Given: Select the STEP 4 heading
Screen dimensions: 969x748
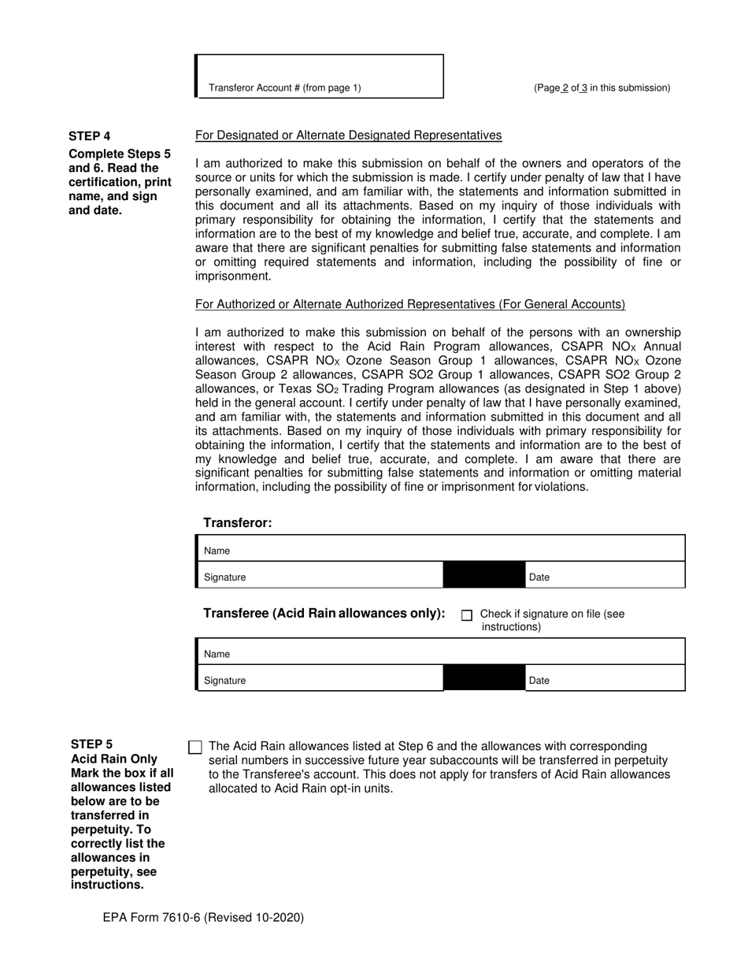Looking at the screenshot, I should point(89,136).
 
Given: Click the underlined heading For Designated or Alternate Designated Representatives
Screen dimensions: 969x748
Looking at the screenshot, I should point(348,136).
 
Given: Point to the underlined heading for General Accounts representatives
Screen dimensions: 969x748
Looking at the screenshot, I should point(410,305).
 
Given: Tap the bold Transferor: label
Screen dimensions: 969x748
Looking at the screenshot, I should point(237,523).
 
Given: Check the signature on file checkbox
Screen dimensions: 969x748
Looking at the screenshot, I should point(467,615).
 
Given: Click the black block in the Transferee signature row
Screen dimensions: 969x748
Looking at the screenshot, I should point(484,678).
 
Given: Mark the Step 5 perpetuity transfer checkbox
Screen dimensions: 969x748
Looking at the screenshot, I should point(196,747).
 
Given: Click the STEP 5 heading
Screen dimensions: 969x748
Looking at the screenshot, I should point(91,744).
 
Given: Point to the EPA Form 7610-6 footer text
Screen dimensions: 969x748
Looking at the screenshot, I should point(202,917).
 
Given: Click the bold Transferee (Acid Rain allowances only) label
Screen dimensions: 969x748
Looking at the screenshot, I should point(324,614).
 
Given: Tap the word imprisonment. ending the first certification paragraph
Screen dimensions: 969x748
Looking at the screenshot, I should point(233,276).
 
